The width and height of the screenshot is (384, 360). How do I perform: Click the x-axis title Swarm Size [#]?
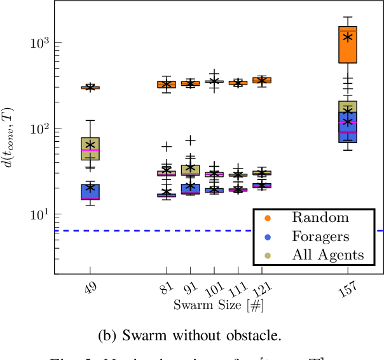[219, 305]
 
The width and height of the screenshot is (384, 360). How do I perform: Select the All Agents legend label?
[328, 255]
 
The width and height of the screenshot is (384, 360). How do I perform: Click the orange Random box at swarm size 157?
[348, 45]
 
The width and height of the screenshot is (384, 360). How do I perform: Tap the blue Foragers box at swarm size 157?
[348, 127]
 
